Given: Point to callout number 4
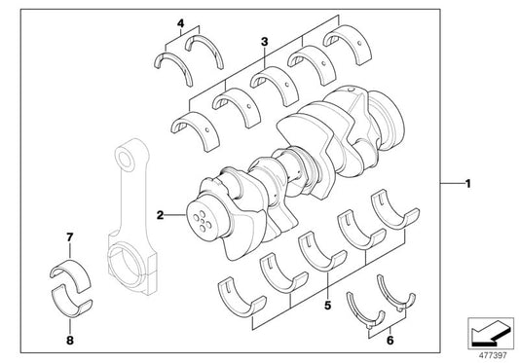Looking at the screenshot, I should (179, 22).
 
